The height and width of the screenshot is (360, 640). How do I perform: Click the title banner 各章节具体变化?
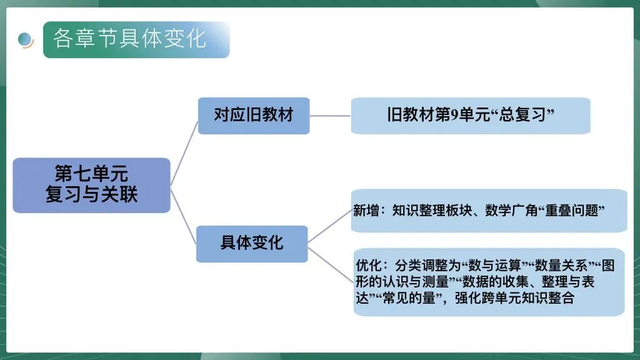point(136,39)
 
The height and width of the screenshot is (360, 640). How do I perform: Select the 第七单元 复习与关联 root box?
point(91,185)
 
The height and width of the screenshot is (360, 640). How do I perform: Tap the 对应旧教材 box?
point(253,116)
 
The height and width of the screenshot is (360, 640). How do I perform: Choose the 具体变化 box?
point(252,243)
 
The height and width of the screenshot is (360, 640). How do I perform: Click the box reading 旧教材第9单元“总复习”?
point(470,116)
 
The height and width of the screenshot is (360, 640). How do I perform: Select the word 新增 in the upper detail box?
point(366,211)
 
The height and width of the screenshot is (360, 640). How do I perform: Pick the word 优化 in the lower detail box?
point(367,266)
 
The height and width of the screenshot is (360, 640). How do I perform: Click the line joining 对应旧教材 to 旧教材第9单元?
point(330,116)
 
